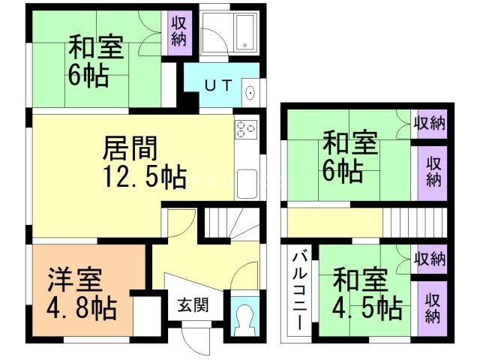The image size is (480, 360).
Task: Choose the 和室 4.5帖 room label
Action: point(367,295)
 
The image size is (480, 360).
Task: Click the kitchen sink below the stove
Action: point(247,182)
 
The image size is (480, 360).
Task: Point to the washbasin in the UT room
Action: point(250,93)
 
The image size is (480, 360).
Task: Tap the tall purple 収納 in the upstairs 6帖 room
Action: point(431,171)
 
